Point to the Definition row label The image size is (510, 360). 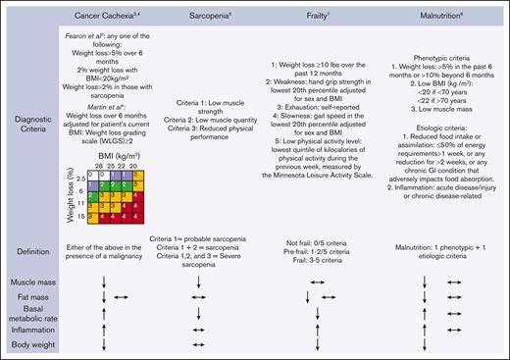(x=33, y=251)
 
